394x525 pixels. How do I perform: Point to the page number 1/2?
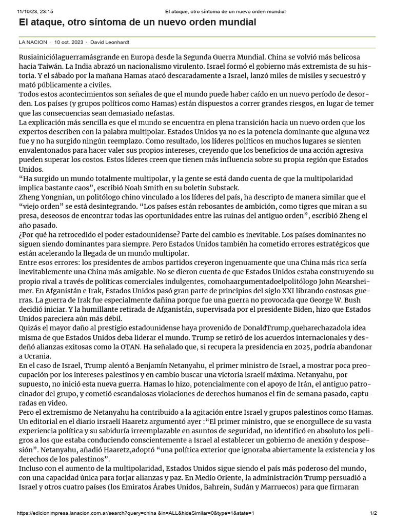[373, 513]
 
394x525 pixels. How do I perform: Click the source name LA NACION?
[32, 42]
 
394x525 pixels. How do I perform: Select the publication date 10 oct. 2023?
[70, 42]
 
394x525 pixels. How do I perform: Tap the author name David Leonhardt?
[108, 42]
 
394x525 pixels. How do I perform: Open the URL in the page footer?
[136, 513]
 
